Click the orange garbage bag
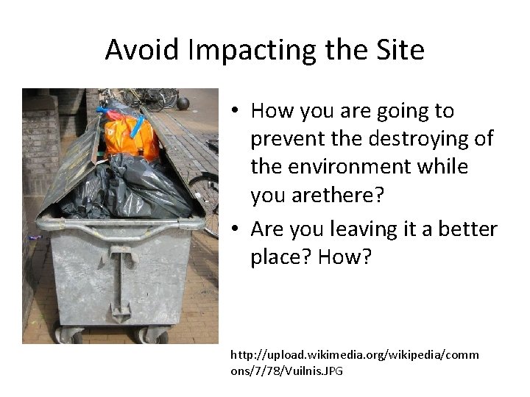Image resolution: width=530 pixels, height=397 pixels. point(131,137)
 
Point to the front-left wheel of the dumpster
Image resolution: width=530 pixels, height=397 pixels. point(69,335)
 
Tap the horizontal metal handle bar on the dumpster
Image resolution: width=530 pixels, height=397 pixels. point(118,221)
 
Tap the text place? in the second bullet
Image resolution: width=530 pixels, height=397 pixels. point(283,258)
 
